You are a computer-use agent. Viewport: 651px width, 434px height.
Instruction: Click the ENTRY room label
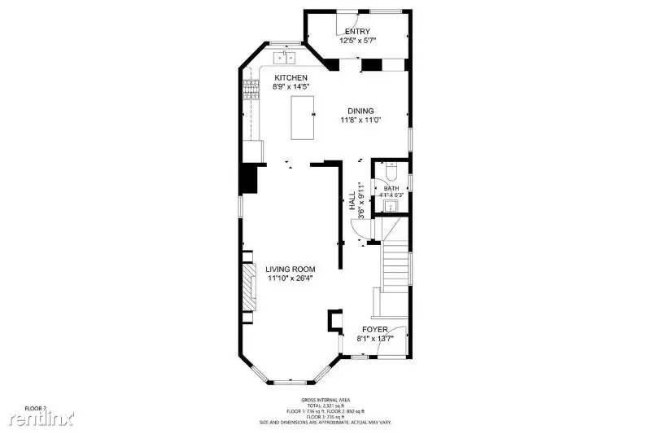click(x=358, y=32)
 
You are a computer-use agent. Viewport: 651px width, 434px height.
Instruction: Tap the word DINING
click(x=360, y=112)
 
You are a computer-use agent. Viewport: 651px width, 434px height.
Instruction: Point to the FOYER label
click(x=374, y=330)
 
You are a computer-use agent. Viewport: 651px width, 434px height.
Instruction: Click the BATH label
click(x=391, y=188)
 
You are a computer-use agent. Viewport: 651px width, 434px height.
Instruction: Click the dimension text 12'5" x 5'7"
click(x=358, y=40)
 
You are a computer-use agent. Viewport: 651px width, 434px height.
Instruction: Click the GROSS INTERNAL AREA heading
click(x=325, y=400)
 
